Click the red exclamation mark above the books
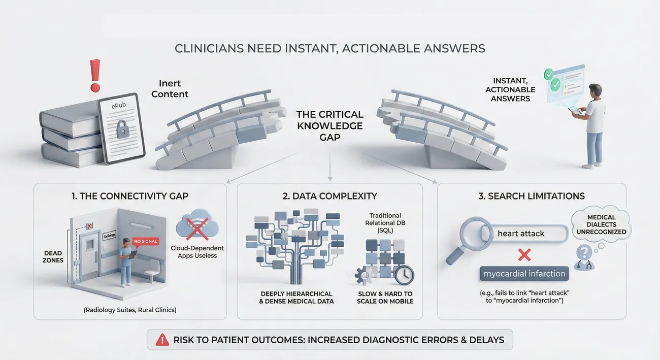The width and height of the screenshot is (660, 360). tap(94, 75)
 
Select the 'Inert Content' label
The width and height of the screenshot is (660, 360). tap(170, 89)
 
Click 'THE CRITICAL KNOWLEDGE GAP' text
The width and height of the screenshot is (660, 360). tap(329, 125)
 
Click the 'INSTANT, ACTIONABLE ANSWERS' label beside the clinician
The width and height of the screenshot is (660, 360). tap(510, 89)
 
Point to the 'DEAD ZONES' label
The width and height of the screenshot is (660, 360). tap(53, 256)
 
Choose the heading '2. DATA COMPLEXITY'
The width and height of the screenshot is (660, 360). tap(329, 197)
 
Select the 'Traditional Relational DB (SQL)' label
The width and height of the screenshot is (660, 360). tap(385, 223)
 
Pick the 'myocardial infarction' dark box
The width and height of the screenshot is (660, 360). tap(524, 274)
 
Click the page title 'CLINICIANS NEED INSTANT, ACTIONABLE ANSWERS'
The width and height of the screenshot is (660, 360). tap(329, 48)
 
